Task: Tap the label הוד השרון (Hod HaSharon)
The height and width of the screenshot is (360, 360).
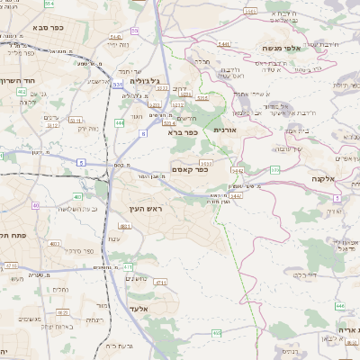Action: tap(28, 81)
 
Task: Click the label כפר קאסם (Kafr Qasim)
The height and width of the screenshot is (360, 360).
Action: tap(190, 169)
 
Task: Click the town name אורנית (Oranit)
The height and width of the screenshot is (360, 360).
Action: tap(224, 130)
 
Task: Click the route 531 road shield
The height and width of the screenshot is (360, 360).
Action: tap(118, 85)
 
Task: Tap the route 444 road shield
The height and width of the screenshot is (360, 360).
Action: tap(120, 121)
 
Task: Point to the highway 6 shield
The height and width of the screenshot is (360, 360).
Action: tap(142, 133)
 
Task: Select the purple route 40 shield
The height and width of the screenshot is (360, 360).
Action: tap(35, 206)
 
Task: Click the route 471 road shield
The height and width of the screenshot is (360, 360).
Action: tap(128, 266)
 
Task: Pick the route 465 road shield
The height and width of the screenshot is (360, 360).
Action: tap(216, 333)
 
